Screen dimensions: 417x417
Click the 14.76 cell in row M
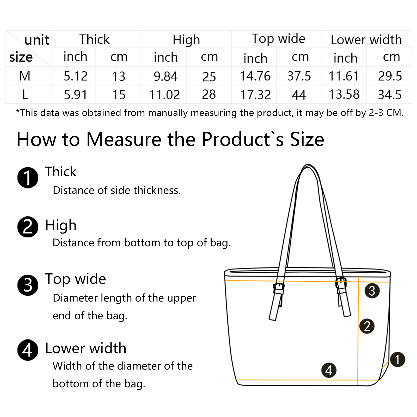tap(255, 76)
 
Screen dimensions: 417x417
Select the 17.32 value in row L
tap(255, 95)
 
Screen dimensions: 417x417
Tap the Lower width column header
tap(366, 40)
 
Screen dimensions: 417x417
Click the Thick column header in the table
tap(95, 39)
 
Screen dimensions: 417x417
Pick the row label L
tap(25, 94)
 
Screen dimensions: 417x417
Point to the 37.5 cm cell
tap(299, 76)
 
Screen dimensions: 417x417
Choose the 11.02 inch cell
tap(164, 95)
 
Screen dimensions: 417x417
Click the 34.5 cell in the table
tap(390, 95)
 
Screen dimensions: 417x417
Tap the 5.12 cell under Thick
tap(76, 76)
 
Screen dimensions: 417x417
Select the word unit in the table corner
tap(37, 40)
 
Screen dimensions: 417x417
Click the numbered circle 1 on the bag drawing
tap(397, 359)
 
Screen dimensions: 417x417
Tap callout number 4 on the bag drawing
tap(329, 370)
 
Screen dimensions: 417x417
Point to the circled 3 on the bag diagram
tap(372, 291)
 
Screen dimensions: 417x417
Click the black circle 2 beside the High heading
tap(28, 227)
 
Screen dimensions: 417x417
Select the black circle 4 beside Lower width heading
tap(28, 350)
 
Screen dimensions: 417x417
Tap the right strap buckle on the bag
tap(341, 283)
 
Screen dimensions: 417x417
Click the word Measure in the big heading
tap(124, 139)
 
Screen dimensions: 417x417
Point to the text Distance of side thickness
tap(116, 190)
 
